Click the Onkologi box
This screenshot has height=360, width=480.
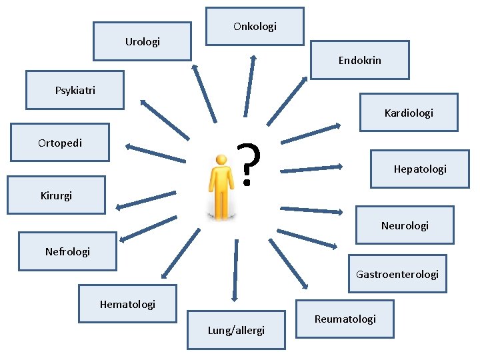(255, 27)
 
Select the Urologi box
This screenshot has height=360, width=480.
(142, 42)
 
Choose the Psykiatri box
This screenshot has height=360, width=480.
(75, 90)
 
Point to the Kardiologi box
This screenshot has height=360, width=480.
(408, 113)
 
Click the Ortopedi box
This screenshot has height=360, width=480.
(60, 143)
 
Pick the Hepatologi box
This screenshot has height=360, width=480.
(419, 169)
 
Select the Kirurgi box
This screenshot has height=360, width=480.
(56, 195)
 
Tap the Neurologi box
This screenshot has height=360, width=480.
(404, 225)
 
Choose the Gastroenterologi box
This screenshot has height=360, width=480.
(397, 274)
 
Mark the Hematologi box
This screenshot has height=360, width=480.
(127, 304)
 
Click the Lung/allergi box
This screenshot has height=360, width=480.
(236, 330)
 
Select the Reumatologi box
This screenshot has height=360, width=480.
(345, 319)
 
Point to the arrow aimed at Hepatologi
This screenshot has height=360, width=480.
(311, 169)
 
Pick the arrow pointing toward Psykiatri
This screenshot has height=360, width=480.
(163, 120)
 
